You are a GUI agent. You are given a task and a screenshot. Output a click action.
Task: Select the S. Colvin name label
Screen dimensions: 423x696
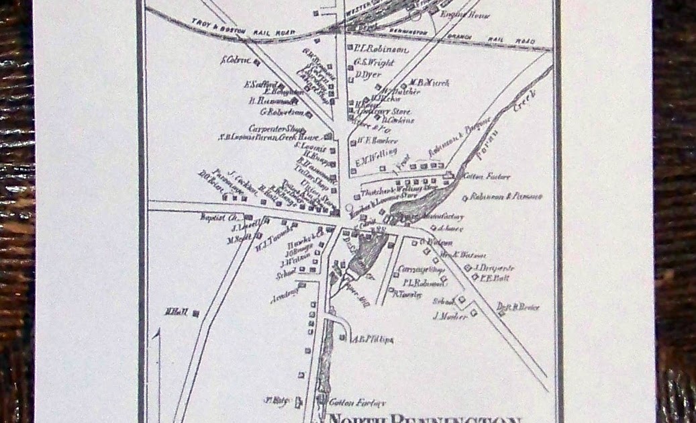pos(235,60)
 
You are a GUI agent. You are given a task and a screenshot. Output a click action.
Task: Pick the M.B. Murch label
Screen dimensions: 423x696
pos(430,83)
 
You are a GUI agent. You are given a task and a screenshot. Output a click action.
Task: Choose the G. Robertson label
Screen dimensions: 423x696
pos(282,111)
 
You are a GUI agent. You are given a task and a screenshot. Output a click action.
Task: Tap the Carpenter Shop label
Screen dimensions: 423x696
pos(276,128)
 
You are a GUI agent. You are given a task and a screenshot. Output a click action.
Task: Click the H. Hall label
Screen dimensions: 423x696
pos(176,312)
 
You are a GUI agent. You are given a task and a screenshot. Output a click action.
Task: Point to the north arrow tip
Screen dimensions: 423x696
pos(158,331)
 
